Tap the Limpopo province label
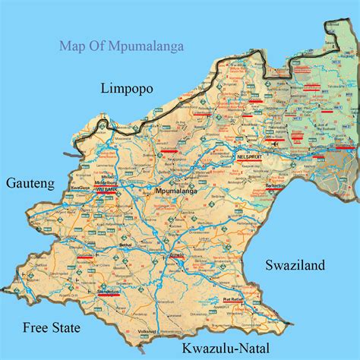(127, 89)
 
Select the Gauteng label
(30, 183)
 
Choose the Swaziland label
(295, 265)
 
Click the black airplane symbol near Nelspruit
(273, 142)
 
